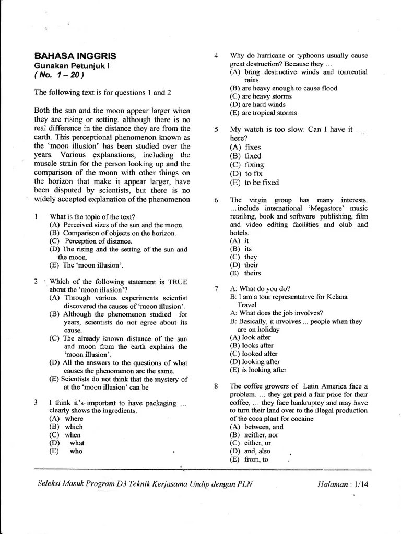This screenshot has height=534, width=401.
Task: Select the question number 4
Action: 216,55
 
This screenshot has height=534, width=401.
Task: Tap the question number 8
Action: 216,386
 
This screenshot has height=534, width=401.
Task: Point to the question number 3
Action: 36,403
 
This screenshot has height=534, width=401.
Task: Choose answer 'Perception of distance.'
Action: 91,241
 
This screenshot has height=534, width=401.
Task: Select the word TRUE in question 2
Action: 177,282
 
